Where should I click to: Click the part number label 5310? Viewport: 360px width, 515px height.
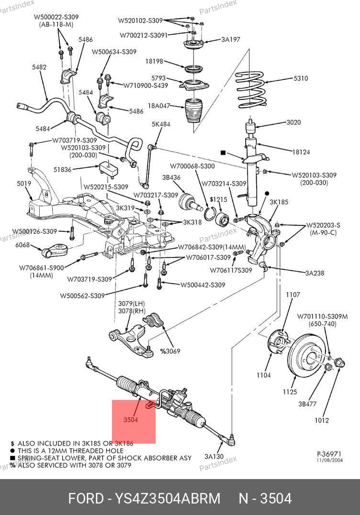(x=300, y=79)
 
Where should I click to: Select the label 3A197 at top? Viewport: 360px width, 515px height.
(x=230, y=40)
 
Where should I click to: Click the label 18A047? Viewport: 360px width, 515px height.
(x=159, y=106)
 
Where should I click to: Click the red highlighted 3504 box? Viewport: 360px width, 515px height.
(x=134, y=421)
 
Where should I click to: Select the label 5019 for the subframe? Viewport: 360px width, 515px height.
(x=24, y=183)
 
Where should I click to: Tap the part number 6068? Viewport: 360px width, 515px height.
(x=22, y=245)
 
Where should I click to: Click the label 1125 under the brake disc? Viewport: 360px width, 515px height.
(x=290, y=392)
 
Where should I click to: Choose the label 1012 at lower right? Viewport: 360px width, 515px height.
(x=322, y=421)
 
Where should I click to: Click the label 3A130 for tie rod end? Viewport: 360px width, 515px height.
(x=214, y=457)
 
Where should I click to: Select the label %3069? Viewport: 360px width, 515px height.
(x=170, y=351)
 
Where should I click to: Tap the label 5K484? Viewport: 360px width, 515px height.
(x=161, y=124)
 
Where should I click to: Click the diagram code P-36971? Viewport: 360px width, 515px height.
(x=329, y=453)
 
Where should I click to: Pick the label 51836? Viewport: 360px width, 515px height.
(x=62, y=169)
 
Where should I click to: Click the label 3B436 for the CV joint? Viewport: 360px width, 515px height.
(x=171, y=178)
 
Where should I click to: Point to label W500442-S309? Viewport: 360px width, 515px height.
(x=202, y=285)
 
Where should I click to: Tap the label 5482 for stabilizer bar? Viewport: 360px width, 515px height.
(x=39, y=68)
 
